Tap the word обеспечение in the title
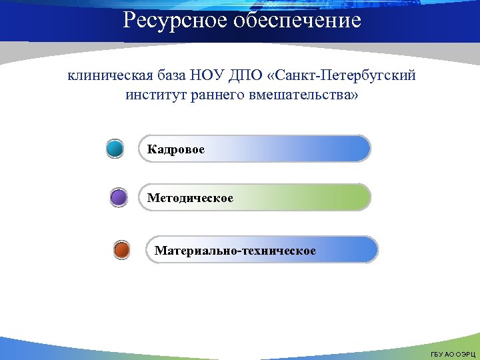(297, 21)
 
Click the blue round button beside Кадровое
(115, 149)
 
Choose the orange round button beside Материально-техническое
(121, 251)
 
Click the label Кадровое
(176, 149)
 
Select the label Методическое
(190, 198)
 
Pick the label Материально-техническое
(235, 251)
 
